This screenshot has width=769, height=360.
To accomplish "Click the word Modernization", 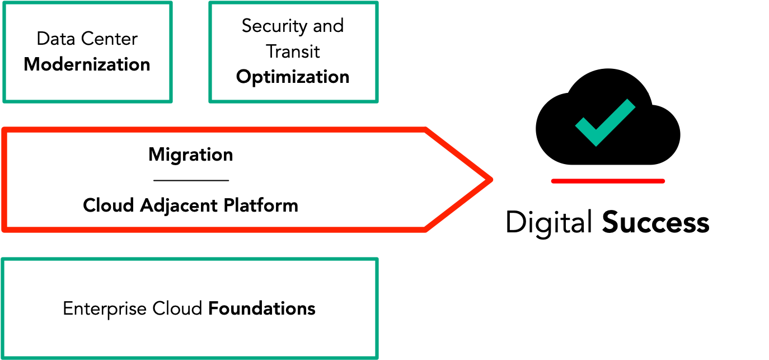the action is [87, 64].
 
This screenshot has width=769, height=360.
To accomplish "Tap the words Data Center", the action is [87, 39].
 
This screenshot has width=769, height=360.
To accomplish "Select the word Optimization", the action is [293, 77].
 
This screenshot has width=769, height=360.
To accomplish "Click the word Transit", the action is [293, 52].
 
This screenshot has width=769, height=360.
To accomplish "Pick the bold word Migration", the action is [190, 155].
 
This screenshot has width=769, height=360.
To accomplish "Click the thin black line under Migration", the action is [191, 180].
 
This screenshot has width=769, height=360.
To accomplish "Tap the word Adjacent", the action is [179, 205].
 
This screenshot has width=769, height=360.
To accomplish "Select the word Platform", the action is [261, 205].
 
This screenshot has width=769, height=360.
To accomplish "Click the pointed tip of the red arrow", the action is [491, 179].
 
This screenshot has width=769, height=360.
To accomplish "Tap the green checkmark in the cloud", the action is [605, 123].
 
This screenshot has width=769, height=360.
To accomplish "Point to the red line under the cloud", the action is [608, 181].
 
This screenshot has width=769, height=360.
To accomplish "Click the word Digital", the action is [549, 223].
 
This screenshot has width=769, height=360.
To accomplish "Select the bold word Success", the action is [656, 223].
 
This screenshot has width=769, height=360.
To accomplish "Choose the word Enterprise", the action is [105, 309].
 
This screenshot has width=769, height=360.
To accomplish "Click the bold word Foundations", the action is [262, 308].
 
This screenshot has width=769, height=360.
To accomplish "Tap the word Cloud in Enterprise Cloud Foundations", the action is [177, 308].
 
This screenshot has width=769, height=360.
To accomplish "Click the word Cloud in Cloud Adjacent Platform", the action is [109, 205].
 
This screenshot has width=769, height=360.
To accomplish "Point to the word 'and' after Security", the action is [328, 26].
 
